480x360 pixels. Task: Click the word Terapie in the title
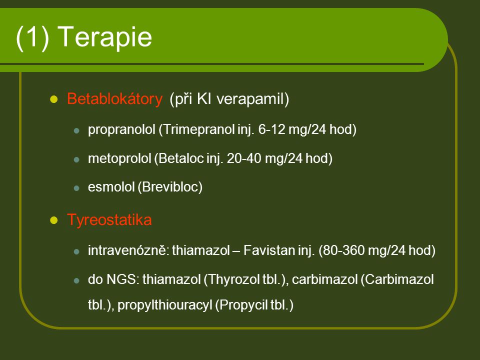click(104, 36)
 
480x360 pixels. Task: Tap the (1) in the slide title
click(32, 37)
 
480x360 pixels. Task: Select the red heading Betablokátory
click(115, 99)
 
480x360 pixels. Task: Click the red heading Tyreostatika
click(109, 220)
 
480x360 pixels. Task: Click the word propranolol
click(121, 130)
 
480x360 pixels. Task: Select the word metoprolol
click(119, 158)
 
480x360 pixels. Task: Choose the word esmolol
click(111, 186)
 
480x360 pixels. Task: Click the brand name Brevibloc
click(170, 187)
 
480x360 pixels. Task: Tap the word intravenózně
click(128, 250)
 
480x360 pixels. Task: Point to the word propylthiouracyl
click(164, 305)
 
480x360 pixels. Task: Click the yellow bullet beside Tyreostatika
click(54, 220)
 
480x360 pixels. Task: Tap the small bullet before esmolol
click(76, 188)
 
